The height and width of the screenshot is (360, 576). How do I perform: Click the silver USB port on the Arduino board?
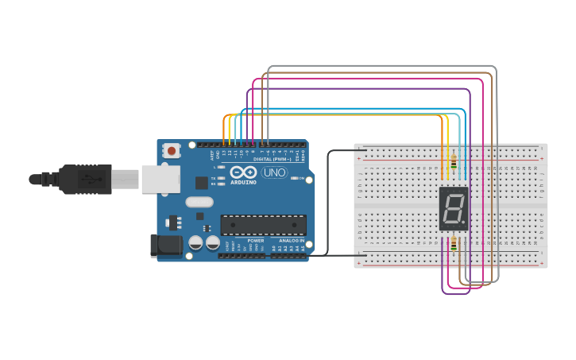160,179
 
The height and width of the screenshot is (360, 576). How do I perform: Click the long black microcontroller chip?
263,225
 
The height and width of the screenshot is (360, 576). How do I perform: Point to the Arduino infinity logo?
244,172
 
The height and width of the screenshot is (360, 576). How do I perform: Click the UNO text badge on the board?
274,172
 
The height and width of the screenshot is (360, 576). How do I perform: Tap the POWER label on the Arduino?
255,240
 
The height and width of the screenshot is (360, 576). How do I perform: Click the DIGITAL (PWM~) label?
270,159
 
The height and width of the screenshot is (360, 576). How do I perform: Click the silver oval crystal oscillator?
199,202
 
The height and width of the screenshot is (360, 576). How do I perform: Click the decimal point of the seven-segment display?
464,223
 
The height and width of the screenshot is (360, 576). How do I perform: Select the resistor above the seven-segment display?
453,165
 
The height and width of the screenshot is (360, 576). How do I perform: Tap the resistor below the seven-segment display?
453,245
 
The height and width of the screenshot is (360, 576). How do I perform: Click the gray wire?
381,67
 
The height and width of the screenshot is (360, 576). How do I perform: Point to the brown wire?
373,73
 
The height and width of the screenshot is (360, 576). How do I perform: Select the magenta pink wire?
365,79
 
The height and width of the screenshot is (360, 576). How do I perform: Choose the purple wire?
358,89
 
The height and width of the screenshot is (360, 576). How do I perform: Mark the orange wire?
334,115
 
